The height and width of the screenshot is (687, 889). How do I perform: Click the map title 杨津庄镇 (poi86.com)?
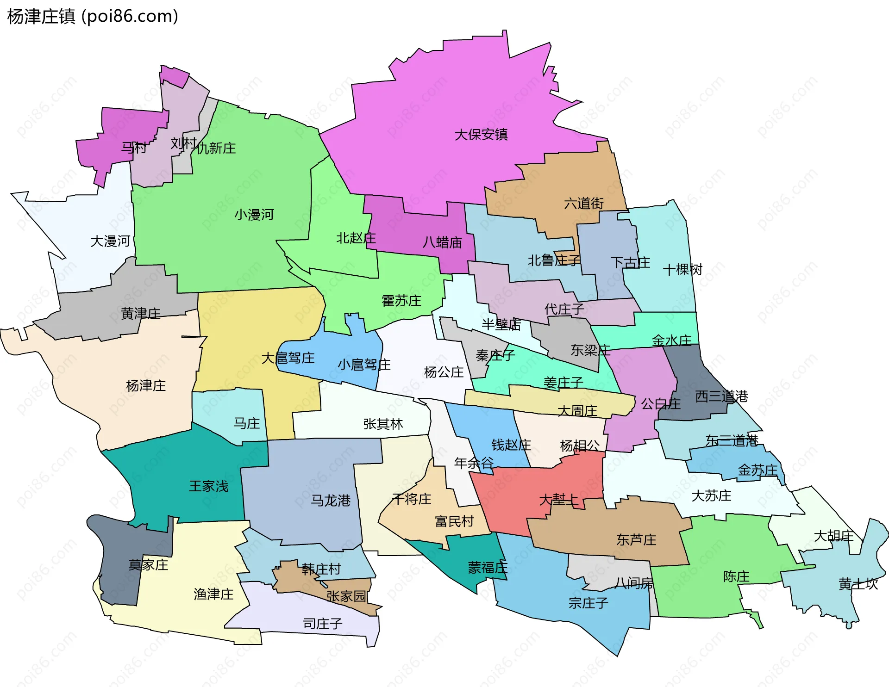click(x=93, y=17)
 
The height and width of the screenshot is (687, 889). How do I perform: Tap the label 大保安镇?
click(x=481, y=135)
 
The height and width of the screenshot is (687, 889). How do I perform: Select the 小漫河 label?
click(x=254, y=215)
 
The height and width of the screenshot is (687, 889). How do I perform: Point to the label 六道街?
click(x=584, y=203)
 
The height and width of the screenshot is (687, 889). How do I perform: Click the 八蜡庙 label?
click(x=442, y=242)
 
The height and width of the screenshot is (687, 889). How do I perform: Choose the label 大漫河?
click(x=110, y=241)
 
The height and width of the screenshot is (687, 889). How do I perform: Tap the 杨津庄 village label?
click(x=146, y=386)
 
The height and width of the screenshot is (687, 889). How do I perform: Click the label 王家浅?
click(x=209, y=486)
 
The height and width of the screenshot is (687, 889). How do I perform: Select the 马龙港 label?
click(x=331, y=501)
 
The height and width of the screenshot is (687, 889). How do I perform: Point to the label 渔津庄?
click(x=213, y=594)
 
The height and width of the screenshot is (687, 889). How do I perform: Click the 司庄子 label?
click(x=323, y=624)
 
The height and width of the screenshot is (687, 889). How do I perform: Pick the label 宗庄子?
click(x=588, y=603)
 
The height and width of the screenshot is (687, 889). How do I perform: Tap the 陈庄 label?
click(x=736, y=577)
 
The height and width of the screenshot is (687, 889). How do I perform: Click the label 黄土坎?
click(x=858, y=584)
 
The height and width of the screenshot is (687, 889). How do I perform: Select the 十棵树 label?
click(x=682, y=270)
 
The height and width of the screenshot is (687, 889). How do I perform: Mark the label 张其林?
click(x=383, y=424)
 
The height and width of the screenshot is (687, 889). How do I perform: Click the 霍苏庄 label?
click(x=401, y=301)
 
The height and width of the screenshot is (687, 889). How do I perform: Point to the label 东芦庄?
click(x=636, y=540)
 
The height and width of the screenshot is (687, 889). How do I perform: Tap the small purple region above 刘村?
click(x=174, y=76)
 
